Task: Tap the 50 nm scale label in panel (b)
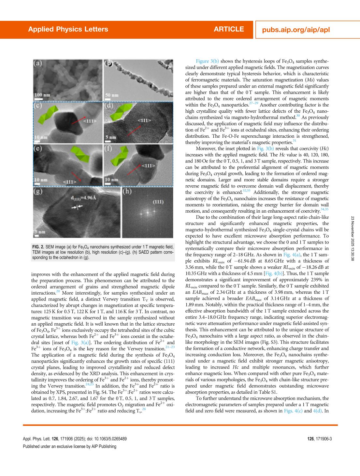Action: [x=111, y=95]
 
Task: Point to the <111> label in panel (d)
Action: [x=144, y=120]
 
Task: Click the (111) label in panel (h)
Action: [x=158, y=202]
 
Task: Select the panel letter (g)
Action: [x=38, y=191]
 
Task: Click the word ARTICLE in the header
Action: [x=229, y=29]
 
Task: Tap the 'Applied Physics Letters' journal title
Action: [x=68, y=29]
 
